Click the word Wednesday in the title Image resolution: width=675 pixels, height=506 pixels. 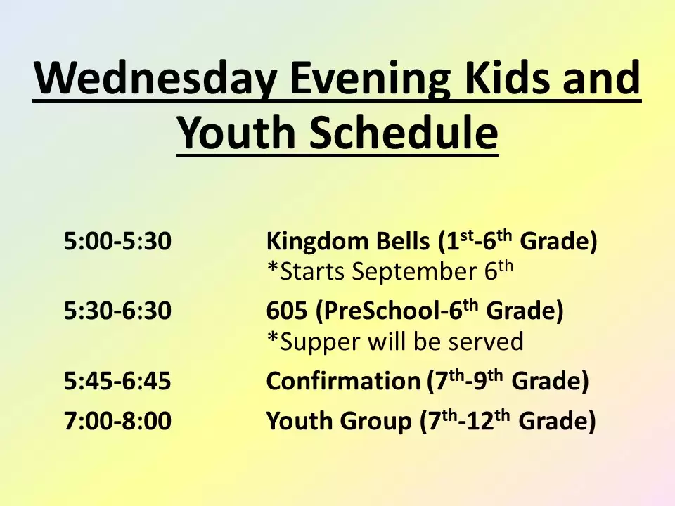[x=155, y=79]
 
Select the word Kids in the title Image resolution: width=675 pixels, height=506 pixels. [x=507, y=77]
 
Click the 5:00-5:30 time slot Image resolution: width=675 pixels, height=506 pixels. [x=117, y=240]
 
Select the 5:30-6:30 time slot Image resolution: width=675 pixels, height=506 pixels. [x=117, y=310]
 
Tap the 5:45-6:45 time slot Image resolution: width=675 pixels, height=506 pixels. [x=117, y=381]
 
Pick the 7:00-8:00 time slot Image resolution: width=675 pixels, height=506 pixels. [x=117, y=420]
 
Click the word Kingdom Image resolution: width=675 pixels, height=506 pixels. [x=317, y=241]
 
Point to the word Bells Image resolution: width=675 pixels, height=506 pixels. [x=402, y=240]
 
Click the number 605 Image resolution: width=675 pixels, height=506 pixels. [x=287, y=310]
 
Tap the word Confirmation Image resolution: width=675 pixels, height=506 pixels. [x=343, y=381]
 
